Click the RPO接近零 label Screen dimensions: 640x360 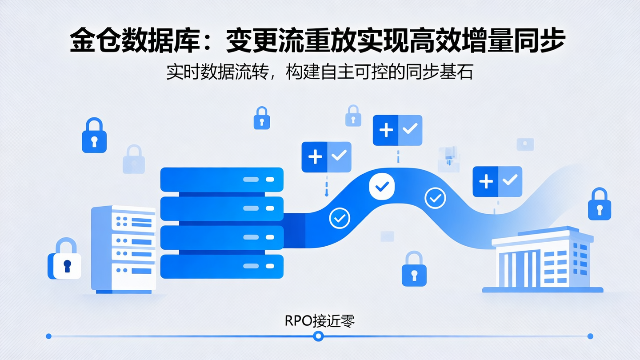click(320, 321)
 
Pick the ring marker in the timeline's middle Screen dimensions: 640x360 click(318, 336)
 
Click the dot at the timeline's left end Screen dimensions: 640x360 click(49, 336)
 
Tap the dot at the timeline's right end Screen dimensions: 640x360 click(590, 336)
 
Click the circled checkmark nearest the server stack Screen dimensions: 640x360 click(340, 218)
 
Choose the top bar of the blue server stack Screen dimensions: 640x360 click(222, 180)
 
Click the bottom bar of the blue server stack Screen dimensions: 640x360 click(222, 266)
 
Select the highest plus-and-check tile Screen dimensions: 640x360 click(397, 130)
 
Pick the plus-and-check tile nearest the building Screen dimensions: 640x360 click(497, 181)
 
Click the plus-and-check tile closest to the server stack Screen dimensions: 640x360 click(326, 157)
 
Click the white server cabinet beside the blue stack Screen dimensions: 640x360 click(124, 249)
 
